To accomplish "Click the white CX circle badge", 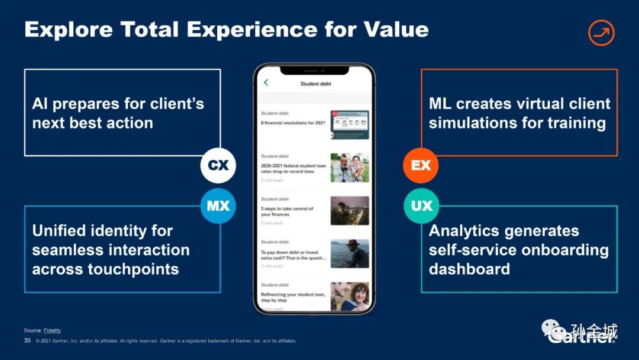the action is click(218, 165).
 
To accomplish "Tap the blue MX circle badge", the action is click(218, 206).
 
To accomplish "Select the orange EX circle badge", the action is click(421, 165).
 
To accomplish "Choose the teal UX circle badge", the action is click(421, 206).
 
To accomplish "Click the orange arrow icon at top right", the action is click(601, 33).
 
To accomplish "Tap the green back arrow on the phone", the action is click(266, 83).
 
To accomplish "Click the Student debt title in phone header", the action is click(315, 84).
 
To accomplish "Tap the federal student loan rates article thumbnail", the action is click(350, 168).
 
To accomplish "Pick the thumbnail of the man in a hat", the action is click(350, 253).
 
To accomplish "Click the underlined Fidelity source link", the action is click(53, 330).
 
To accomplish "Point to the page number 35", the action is click(27, 340).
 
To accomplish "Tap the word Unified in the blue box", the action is click(60, 231).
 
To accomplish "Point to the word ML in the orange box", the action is click(440, 104).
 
